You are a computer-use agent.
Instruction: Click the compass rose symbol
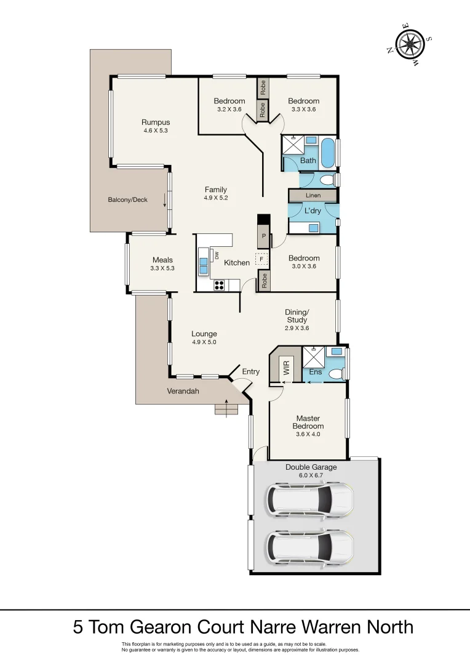(408, 44)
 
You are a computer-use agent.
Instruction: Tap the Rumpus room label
(156, 122)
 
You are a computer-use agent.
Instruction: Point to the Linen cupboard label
(313, 195)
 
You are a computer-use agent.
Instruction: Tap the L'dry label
(313, 211)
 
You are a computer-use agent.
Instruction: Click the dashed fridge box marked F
(262, 259)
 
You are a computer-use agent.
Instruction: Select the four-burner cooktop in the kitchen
(218, 285)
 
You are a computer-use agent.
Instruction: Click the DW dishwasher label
(217, 254)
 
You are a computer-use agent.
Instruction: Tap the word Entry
(251, 371)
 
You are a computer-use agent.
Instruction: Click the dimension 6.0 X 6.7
(311, 475)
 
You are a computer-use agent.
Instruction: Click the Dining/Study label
(297, 316)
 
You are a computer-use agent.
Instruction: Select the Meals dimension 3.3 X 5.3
(162, 268)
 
